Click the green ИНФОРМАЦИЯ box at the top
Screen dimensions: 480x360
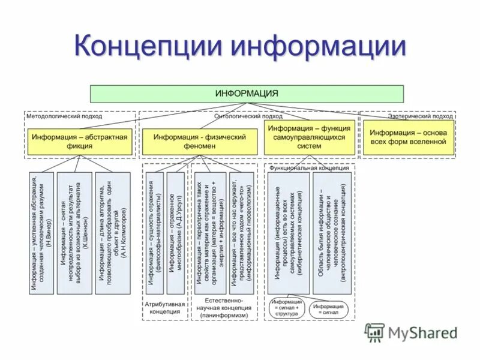pos(247,94)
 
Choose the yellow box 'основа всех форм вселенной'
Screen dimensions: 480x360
pos(408,137)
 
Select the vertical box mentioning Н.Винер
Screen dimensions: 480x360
pos(41,233)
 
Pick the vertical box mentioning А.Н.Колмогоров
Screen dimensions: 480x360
pos(114,233)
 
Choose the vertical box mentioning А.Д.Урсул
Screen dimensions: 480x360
pos(175,233)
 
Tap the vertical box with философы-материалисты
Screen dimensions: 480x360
pos(155,233)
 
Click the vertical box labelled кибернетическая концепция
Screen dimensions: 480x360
pos(288,233)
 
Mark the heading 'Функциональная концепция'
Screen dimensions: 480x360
pos(309,169)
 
